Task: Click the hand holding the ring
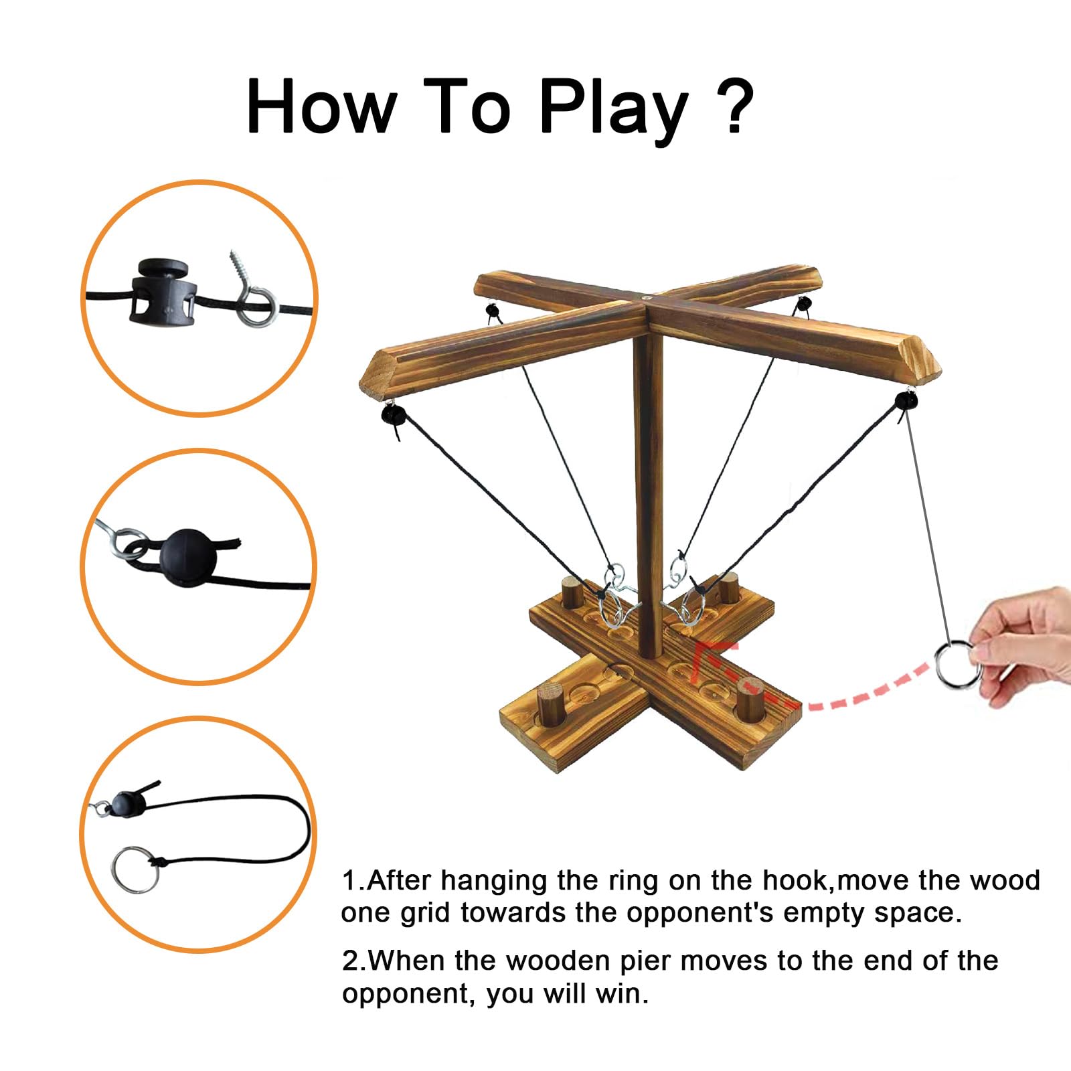pyautogui.click(x=1024, y=643)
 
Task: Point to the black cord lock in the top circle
pyautogui.click(x=163, y=291)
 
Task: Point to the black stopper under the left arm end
pyautogui.click(x=393, y=415)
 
